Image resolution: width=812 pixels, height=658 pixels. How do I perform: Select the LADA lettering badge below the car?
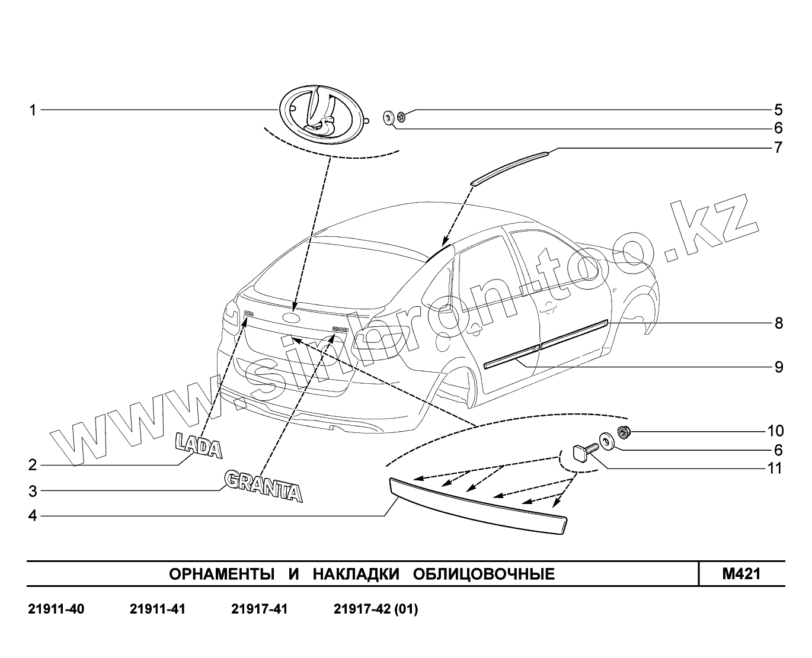(x=198, y=447)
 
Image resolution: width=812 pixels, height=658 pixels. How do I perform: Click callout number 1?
(x=33, y=110)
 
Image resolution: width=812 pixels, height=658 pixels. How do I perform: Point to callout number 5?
(x=778, y=110)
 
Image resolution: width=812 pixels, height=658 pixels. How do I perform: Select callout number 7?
(x=778, y=147)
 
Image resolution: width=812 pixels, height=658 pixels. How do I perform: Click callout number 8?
(x=778, y=323)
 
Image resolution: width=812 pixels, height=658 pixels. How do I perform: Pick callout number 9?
(x=778, y=367)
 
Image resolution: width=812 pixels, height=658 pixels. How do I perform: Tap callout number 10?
(x=775, y=431)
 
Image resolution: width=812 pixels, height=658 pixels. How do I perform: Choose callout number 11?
(x=775, y=468)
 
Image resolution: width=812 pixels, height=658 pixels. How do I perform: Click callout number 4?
(x=33, y=516)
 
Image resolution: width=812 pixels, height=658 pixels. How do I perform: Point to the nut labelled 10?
(x=623, y=431)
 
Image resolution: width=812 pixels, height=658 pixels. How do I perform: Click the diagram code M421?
(x=741, y=574)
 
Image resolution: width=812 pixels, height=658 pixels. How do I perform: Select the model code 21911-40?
(x=56, y=609)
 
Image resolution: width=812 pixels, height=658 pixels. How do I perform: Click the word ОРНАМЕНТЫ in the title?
(x=222, y=574)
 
